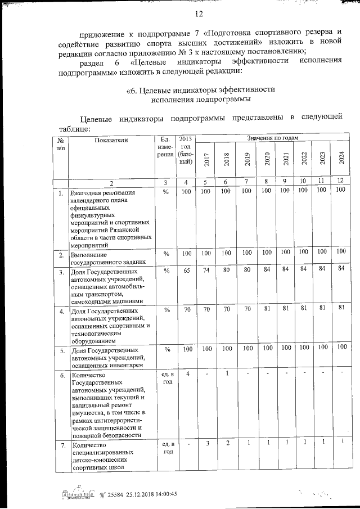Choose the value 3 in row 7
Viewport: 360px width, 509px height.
207,443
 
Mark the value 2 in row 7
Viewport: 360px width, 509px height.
227,443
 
